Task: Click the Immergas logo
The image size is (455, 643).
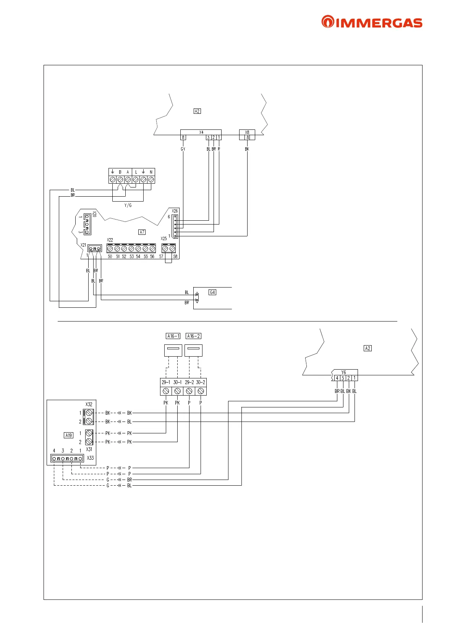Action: (x=372, y=22)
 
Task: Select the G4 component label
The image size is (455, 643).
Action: (x=212, y=292)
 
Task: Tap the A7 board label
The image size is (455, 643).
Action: (x=142, y=232)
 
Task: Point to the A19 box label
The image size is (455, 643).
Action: (x=68, y=435)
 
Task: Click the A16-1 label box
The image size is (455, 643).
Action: (x=173, y=336)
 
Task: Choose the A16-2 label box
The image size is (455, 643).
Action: (x=193, y=336)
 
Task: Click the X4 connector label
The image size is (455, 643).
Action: (x=201, y=132)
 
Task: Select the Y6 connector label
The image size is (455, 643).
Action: (x=343, y=372)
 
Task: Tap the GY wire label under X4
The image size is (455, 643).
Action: (x=183, y=149)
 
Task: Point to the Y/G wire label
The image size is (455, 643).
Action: (x=128, y=205)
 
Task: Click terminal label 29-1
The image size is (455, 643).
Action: (x=166, y=382)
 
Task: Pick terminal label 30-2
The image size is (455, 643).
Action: (x=201, y=382)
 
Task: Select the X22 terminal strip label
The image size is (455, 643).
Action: (x=110, y=240)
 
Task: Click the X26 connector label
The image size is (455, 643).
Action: (x=175, y=211)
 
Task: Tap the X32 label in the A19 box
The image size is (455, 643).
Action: (x=89, y=404)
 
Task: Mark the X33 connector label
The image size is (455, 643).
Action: (x=90, y=458)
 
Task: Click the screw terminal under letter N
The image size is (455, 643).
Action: (x=151, y=179)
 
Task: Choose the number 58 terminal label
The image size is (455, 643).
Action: (x=175, y=257)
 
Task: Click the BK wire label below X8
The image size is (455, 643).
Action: (x=247, y=149)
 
